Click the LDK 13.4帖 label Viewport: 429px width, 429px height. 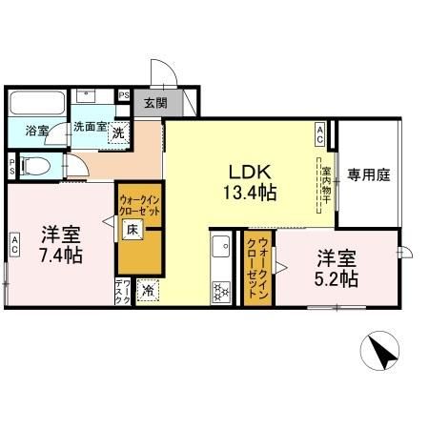click(x=250, y=182)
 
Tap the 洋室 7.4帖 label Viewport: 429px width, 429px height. click(x=59, y=244)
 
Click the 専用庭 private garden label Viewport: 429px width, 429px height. click(x=366, y=174)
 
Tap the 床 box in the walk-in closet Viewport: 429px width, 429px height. click(x=133, y=229)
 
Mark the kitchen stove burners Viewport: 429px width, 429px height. click(x=219, y=291)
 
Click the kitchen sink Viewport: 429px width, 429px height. click(x=218, y=245)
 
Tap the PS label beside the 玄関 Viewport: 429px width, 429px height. click(x=123, y=94)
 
